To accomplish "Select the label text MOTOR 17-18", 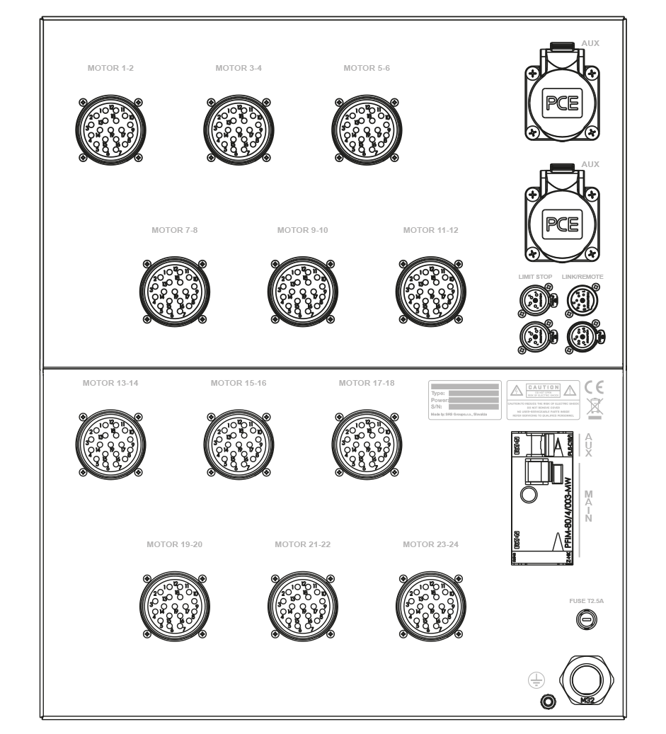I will coord(367,383).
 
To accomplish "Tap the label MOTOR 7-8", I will coord(173,230).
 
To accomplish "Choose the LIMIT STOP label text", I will coord(535,277).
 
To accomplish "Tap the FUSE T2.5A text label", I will coord(586,602).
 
